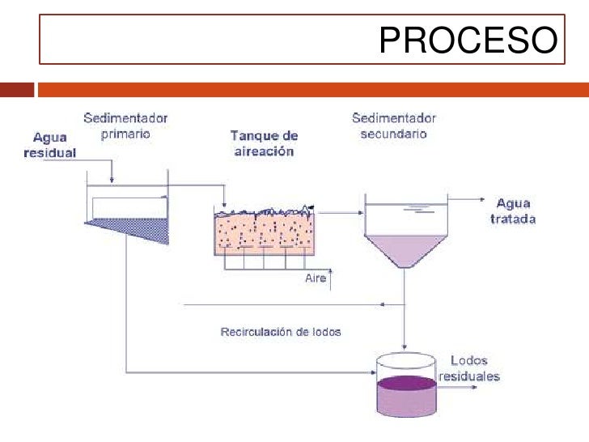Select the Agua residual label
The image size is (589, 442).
pyautogui.click(x=54, y=144)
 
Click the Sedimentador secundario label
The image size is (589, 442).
pyautogui.click(x=393, y=125)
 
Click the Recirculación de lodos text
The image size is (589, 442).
pyautogui.click(x=280, y=332)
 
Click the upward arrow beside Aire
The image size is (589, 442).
pyautogui.click(x=330, y=278)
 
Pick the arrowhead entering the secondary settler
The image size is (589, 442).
pyautogui.click(x=358, y=213)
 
